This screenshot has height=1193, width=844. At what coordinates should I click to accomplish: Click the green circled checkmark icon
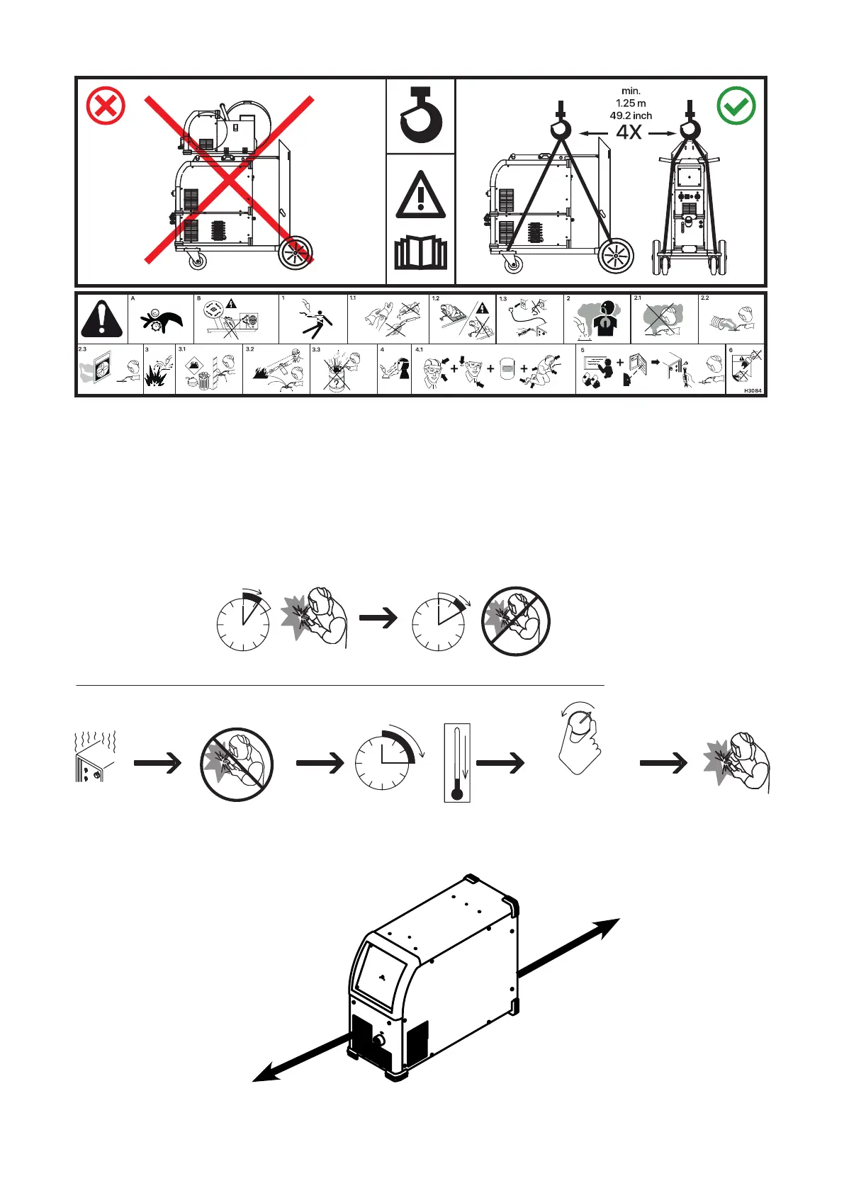[x=736, y=106]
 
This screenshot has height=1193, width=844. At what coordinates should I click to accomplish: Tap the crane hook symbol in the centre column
[x=421, y=115]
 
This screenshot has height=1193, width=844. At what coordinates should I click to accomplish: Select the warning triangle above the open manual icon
[x=421, y=195]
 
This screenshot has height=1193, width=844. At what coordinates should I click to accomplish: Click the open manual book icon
[x=421, y=254]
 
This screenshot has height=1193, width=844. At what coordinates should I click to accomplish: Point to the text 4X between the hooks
[x=629, y=132]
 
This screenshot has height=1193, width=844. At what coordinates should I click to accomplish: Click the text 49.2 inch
[x=631, y=115]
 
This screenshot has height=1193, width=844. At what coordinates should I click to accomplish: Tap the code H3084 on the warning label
[x=753, y=390]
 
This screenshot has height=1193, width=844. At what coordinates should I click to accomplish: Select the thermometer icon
[x=457, y=762]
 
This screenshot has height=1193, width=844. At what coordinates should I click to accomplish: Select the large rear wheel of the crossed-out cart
[x=296, y=253]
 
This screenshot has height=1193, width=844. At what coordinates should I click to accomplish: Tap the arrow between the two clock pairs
[x=378, y=618]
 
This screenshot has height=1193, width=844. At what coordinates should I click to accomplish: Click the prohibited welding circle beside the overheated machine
[x=237, y=764]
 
